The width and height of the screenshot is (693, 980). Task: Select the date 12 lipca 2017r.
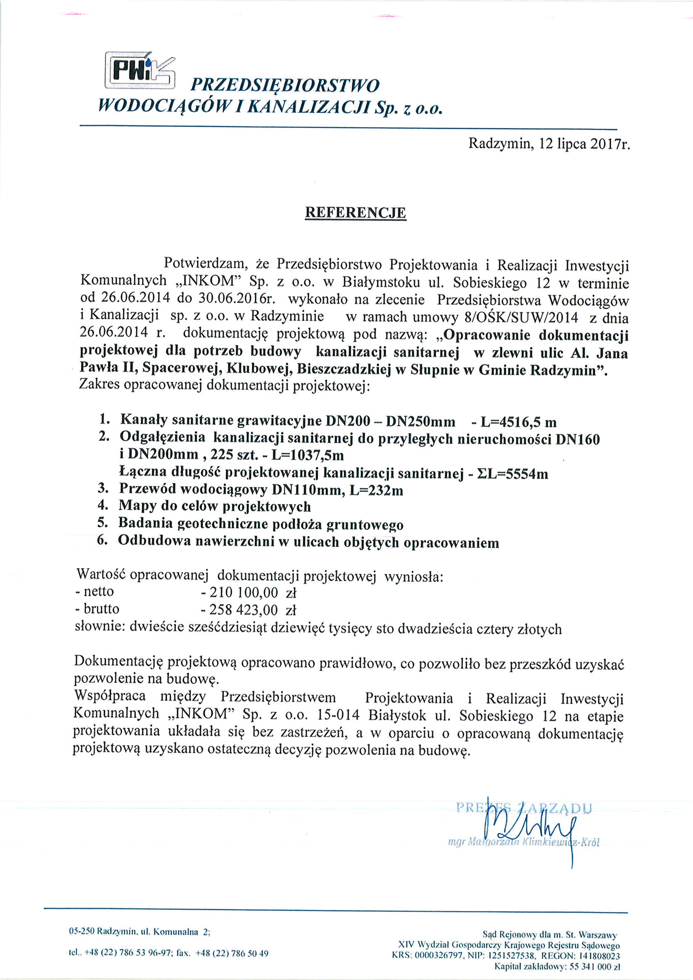585,144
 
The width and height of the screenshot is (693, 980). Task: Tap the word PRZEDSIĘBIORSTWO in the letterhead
285,85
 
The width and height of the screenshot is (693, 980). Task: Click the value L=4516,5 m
518,422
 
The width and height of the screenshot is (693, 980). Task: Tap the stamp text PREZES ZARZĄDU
524,807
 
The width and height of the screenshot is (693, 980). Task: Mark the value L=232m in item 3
376,490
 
